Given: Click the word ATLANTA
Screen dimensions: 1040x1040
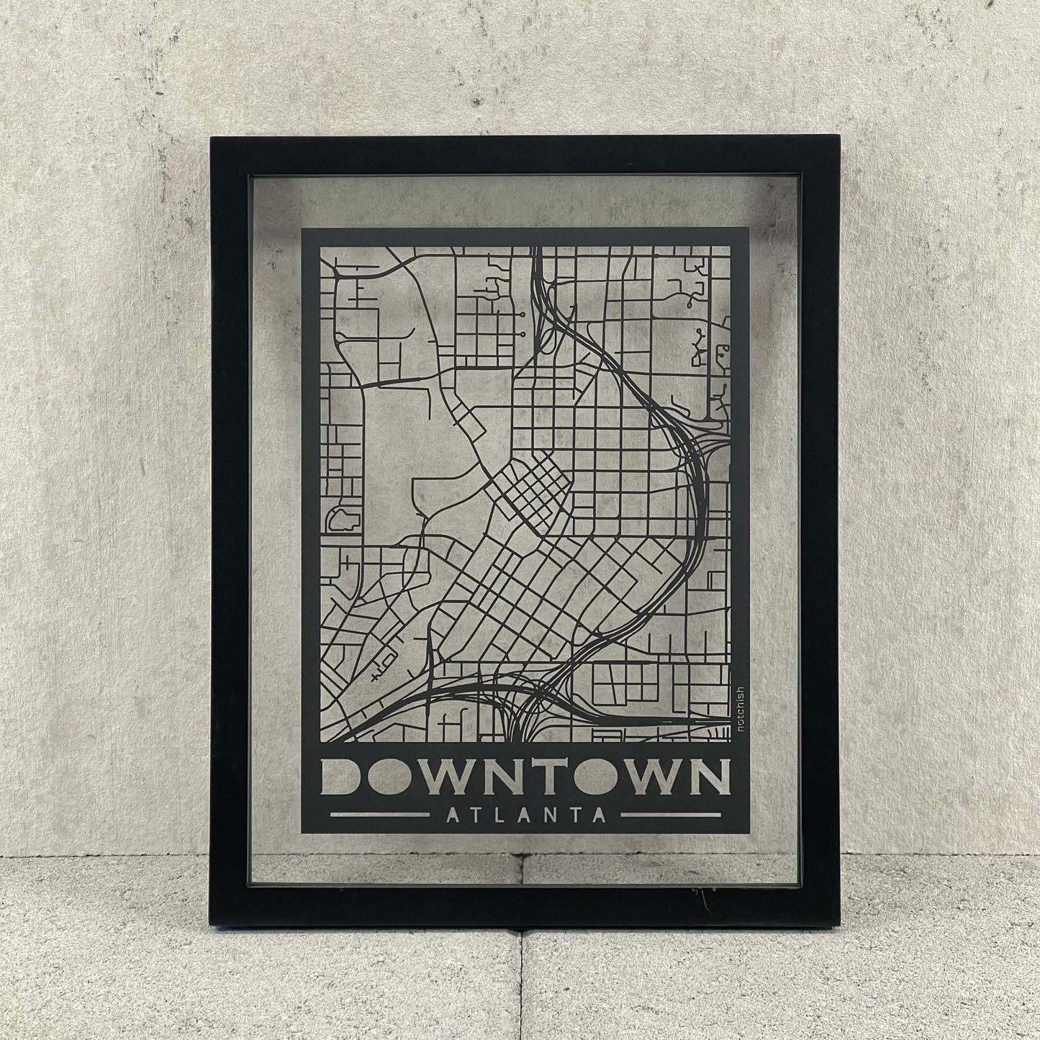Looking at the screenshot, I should (525, 815).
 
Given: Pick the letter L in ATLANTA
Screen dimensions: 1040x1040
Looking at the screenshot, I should (494, 815).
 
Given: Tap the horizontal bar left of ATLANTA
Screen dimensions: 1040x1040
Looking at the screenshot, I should (379, 815).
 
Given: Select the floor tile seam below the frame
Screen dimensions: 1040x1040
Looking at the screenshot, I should (522, 979).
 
